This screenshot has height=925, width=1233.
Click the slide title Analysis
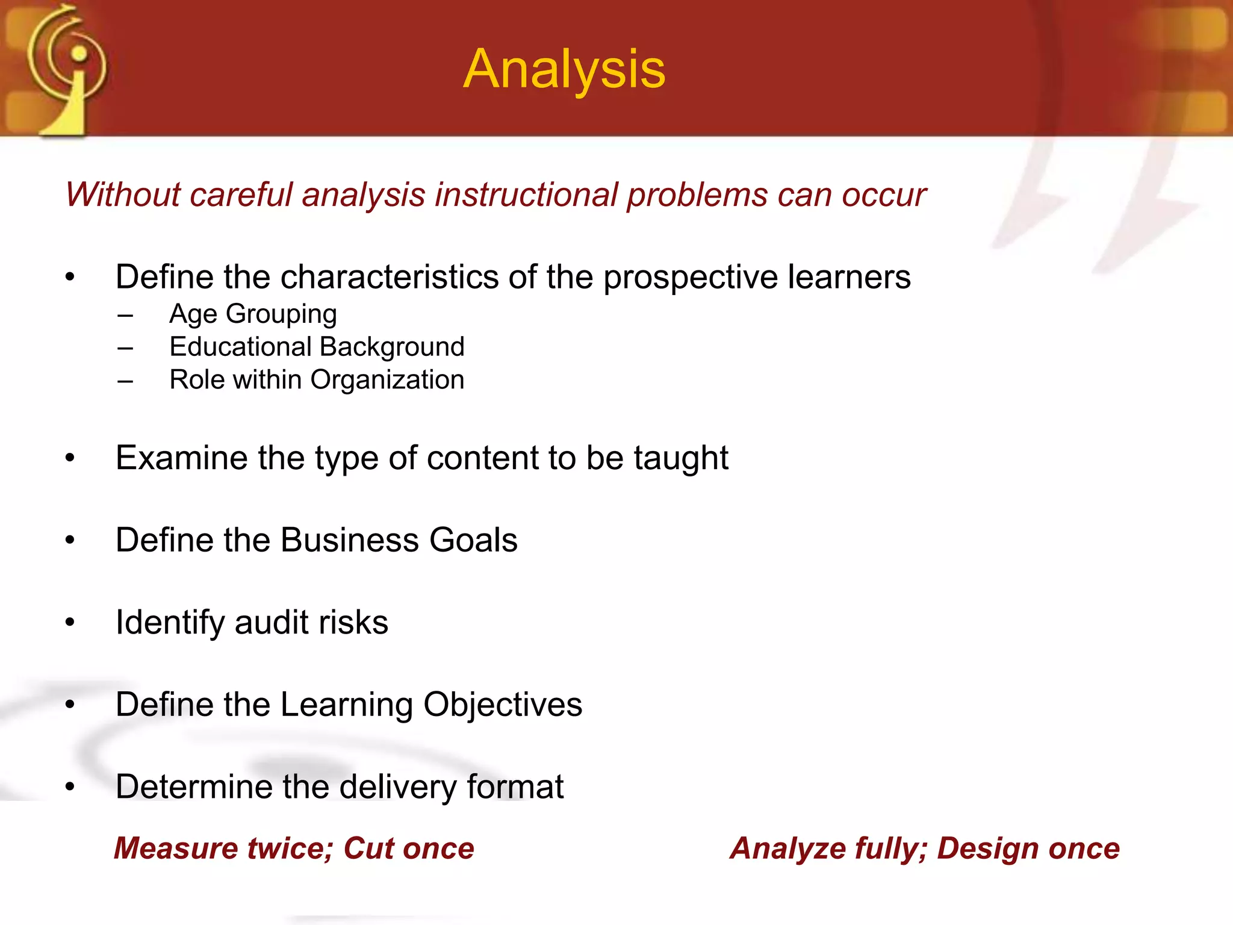click(x=564, y=70)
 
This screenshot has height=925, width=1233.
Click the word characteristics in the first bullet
click(x=390, y=277)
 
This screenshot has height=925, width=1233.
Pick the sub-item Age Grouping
click(x=253, y=314)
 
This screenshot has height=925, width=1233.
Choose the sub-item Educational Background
click(x=317, y=347)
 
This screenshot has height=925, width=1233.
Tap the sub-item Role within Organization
click(x=317, y=380)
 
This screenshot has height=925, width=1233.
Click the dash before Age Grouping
click(x=125, y=315)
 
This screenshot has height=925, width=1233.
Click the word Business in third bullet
click(x=350, y=540)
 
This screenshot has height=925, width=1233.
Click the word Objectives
click(x=503, y=705)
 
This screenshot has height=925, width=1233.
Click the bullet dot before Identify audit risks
click(x=70, y=623)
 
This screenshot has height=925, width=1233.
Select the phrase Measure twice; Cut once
click(x=294, y=849)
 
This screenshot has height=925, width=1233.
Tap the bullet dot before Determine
click(x=70, y=786)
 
